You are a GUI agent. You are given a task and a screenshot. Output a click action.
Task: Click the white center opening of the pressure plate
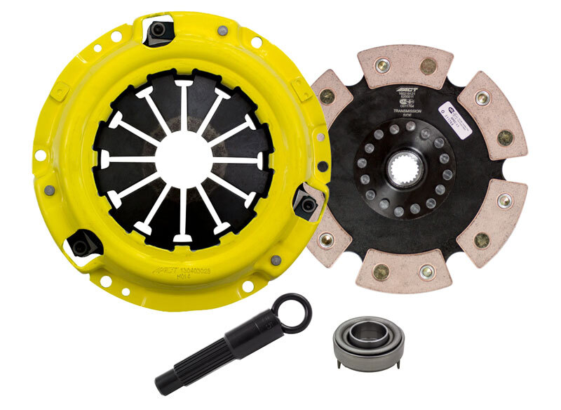pos(184,160)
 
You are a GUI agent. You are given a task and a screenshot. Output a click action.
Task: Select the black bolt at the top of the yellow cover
pos(159,29)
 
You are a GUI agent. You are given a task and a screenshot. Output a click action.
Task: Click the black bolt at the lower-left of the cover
pos(81,245)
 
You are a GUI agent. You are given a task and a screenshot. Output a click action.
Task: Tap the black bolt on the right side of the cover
pos(306,205)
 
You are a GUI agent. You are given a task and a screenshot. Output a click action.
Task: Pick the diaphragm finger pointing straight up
pos(184,105)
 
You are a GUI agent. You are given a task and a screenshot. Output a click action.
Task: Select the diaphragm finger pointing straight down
pos(183,218)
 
